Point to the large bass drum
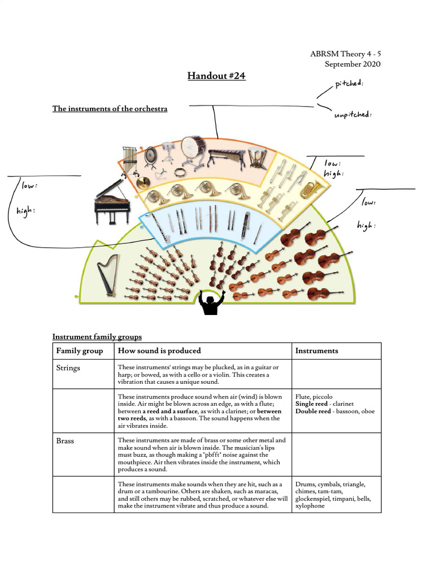click(x=193, y=148)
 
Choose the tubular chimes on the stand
click(x=129, y=159)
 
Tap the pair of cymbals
click(x=143, y=182)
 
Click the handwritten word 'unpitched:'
click(x=353, y=115)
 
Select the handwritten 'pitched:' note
click(x=349, y=84)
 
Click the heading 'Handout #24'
click(x=216, y=76)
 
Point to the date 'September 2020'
click(x=352, y=64)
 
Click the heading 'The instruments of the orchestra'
click(x=110, y=108)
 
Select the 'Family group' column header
click(x=80, y=351)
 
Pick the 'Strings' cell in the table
click(x=68, y=368)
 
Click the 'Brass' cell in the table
click(x=65, y=440)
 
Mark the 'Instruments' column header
click(x=316, y=351)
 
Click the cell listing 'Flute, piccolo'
click(x=335, y=404)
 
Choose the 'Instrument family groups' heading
click(x=97, y=337)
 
